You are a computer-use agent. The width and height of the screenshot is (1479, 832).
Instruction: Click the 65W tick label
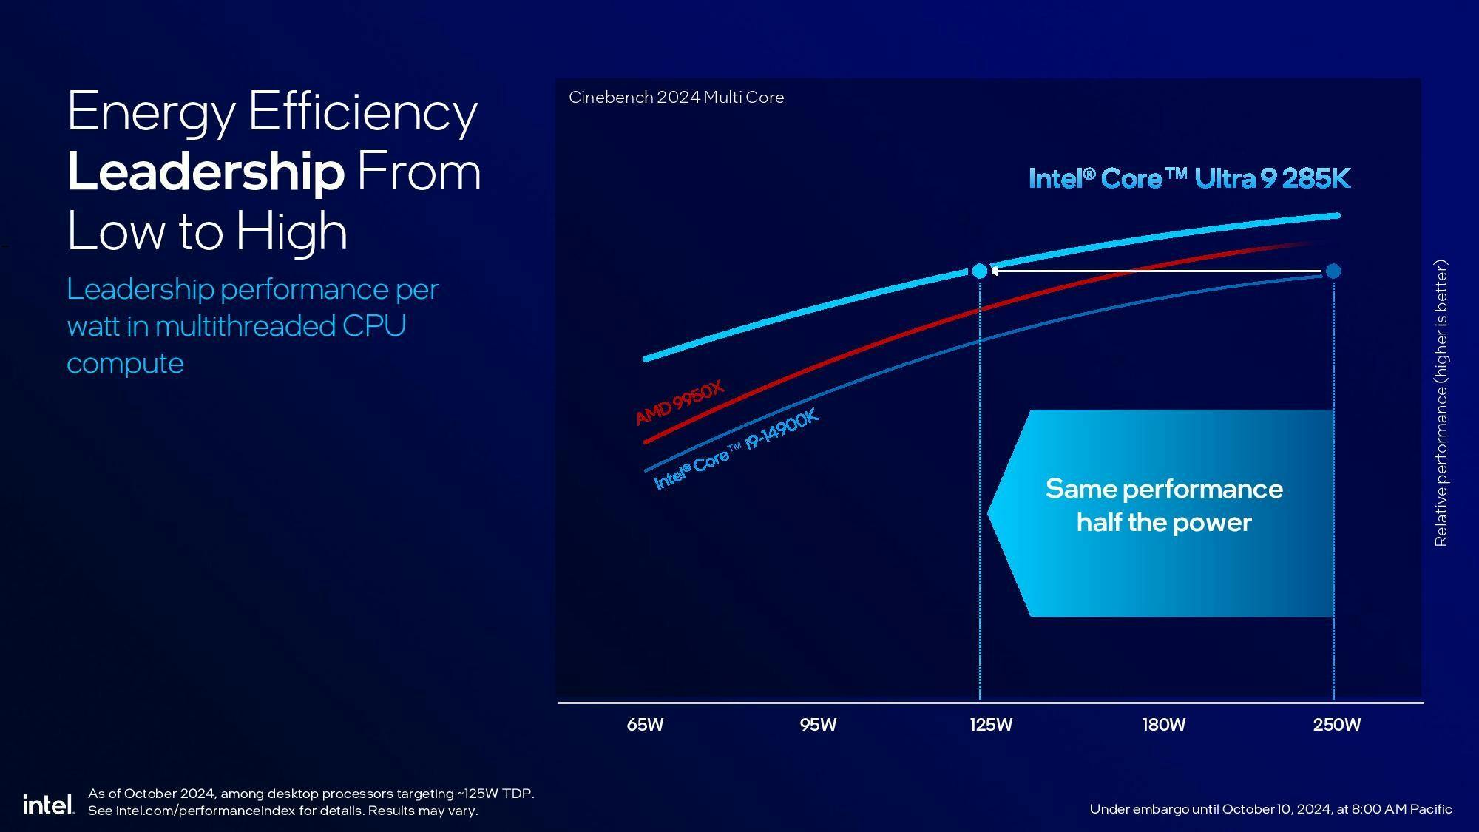pos(645,725)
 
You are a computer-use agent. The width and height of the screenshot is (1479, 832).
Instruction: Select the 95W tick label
pos(818,725)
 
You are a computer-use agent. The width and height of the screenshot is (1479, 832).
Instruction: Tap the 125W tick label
pos(991,725)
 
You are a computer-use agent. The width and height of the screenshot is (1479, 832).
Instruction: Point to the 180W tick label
pos(1163,725)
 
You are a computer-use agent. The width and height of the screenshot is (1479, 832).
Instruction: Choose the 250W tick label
pos(1336,725)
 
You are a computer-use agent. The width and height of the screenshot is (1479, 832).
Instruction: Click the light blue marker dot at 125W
pos(979,271)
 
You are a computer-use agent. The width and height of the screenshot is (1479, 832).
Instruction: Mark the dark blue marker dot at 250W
pos(1333,271)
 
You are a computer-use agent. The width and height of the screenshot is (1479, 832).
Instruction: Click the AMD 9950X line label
pos(680,402)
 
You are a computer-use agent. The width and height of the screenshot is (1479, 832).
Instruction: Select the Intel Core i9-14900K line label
pos(737,449)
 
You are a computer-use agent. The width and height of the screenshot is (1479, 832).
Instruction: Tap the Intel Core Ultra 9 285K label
pos(1189,179)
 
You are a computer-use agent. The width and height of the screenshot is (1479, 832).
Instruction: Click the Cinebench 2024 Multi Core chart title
pos(676,98)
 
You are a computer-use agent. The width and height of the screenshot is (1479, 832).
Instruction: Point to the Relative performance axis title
pos(1441,403)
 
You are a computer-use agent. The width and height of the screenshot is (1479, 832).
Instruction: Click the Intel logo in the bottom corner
pos(48,805)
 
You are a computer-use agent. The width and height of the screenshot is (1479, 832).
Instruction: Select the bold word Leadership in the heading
pos(206,172)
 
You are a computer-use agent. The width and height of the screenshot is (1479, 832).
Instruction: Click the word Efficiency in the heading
pos(362,112)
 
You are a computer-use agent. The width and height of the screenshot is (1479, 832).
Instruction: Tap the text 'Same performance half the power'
pos(1164,505)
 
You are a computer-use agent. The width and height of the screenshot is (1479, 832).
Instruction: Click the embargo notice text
pos(1270,809)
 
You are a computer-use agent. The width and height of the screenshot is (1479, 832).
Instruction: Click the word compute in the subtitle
pos(125,364)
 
